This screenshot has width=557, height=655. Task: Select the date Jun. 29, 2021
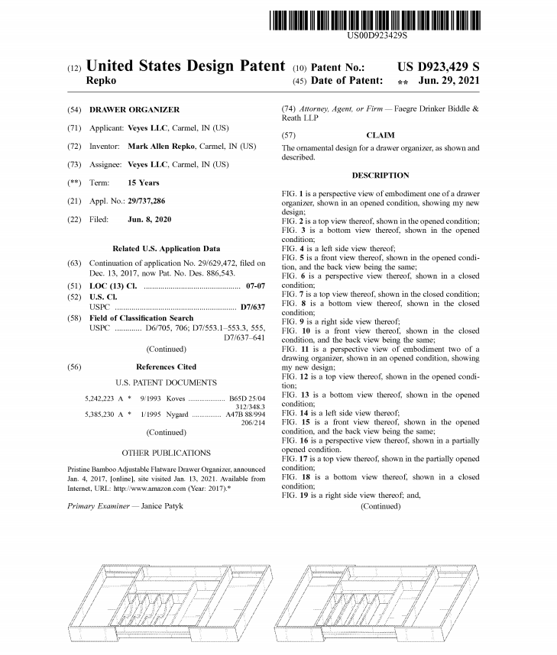tap(450, 80)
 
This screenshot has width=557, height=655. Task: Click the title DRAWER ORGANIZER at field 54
tap(134, 110)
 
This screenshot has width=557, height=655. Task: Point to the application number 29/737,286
tap(146, 201)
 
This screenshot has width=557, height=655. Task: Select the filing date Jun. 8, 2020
tap(150, 219)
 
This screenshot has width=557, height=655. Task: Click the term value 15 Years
tap(143, 182)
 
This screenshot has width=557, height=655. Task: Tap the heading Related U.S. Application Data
tap(166, 248)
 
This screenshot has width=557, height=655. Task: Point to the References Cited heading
tap(166, 367)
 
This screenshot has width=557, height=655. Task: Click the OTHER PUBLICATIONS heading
tap(166, 452)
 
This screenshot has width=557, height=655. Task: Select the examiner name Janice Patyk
tap(162, 505)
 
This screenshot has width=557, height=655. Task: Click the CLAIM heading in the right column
tap(381, 135)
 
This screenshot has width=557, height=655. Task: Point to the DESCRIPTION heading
tap(381, 176)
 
